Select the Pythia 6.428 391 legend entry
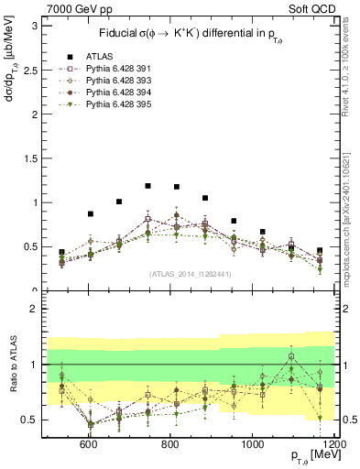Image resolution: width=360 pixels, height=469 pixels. click(x=98, y=68)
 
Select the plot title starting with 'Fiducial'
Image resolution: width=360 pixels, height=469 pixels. click(x=188, y=34)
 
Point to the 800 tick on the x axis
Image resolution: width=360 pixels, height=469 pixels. click(x=171, y=444)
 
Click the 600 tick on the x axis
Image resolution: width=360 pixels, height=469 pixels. click(x=89, y=444)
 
